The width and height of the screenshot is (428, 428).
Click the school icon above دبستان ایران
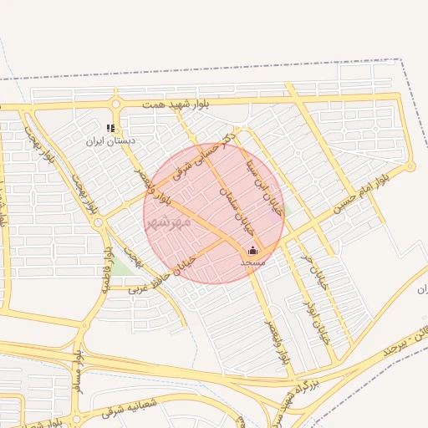coord(110,129)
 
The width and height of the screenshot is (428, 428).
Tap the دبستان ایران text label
coord(111,141)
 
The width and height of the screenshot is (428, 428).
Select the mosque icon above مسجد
coord(253,250)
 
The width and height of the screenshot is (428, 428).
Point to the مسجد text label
coord(252,262)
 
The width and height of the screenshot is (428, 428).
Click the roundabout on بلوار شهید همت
coord(115,104)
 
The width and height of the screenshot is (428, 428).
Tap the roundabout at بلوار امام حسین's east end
coord(411,166)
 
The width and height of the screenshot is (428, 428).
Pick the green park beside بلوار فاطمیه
coord(122,267)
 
